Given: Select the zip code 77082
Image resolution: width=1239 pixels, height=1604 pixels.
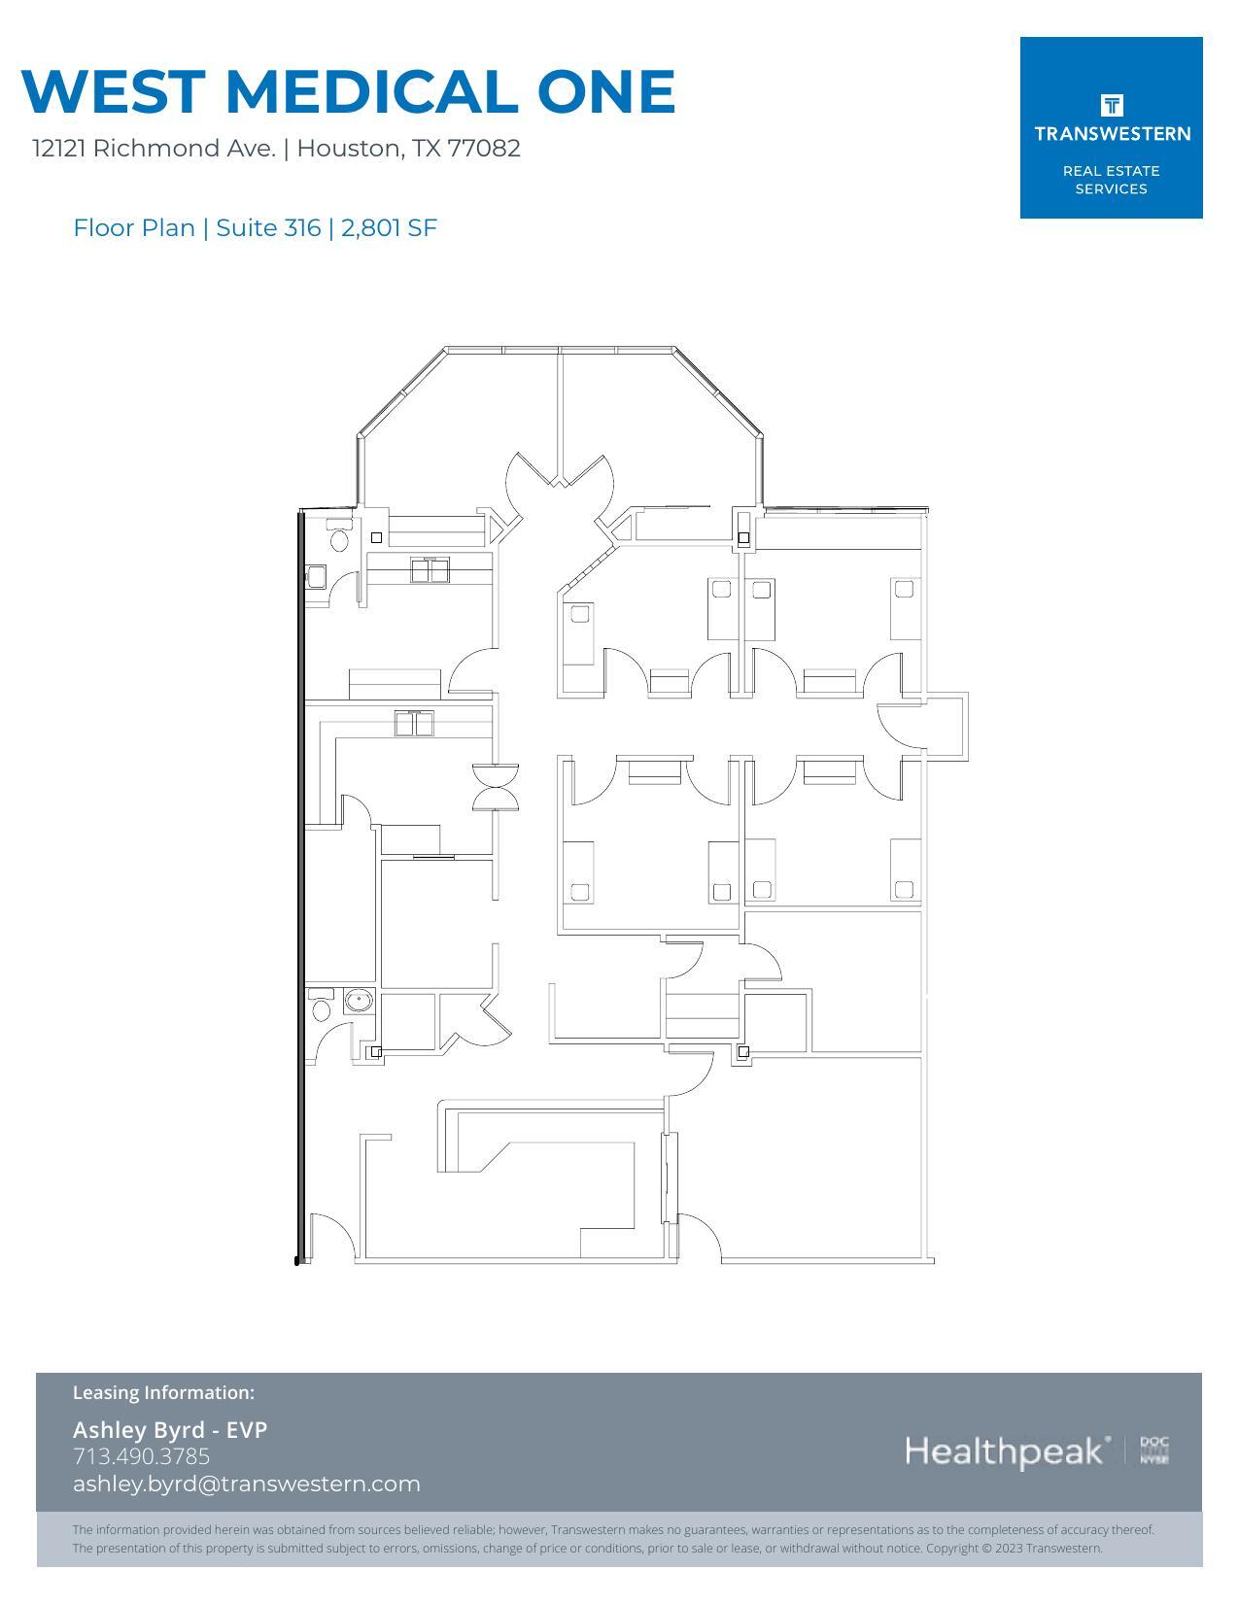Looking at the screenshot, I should [x=484, y=149].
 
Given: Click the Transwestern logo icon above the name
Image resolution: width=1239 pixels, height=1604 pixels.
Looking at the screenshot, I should [x=1111, y=105].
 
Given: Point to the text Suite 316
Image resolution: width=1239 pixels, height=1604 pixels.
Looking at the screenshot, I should [x=268, y=228].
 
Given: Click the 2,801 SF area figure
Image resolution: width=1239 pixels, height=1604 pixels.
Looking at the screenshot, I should [x=389, y=228].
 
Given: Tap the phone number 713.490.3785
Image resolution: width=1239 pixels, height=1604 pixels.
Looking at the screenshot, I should [x=142, y=1456].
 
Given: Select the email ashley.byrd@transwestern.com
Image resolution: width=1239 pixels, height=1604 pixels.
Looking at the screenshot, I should [x=247, y=1484].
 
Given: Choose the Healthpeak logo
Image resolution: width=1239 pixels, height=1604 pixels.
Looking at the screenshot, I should [x=1007, y=1451].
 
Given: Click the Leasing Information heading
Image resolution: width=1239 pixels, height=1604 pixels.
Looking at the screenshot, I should [x=163, y=1392].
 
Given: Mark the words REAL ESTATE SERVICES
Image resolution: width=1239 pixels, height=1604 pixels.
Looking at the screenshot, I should [x=1111, y=180].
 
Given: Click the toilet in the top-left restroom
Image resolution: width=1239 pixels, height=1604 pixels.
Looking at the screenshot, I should [x=338, y=537].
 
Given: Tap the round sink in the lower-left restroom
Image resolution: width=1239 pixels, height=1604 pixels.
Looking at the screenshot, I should [x=360, y=1000].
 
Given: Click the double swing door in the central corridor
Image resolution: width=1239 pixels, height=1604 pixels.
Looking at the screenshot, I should [x=496, y=787].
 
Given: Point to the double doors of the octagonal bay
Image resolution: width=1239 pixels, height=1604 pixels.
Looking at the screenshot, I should [x=560, y=476].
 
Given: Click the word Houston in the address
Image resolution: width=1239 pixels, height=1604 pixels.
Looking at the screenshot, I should [x=348, y=149].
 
